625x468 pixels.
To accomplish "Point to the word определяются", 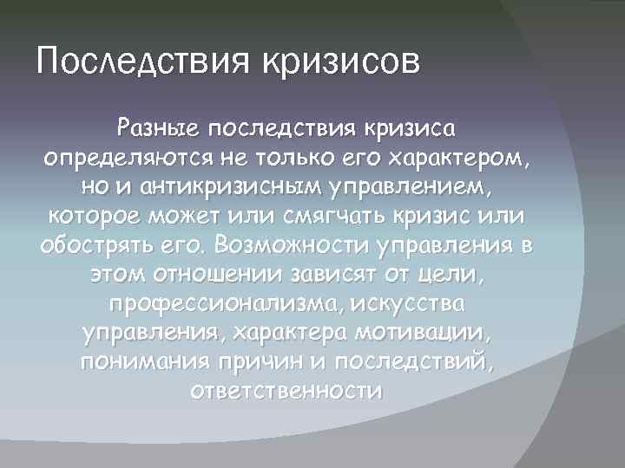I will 110,159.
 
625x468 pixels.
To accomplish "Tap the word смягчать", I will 326,216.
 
